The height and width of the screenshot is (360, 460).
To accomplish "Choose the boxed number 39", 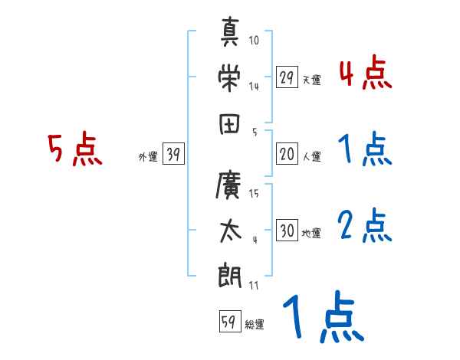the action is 173,155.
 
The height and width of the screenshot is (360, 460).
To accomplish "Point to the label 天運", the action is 311,80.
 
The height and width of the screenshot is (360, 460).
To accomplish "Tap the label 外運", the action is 148,157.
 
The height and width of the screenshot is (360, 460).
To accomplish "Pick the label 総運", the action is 255,325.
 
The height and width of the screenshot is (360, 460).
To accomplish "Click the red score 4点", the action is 365,75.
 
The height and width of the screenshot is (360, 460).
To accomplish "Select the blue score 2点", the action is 365,226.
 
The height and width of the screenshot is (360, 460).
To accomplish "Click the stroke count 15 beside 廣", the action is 255,194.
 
